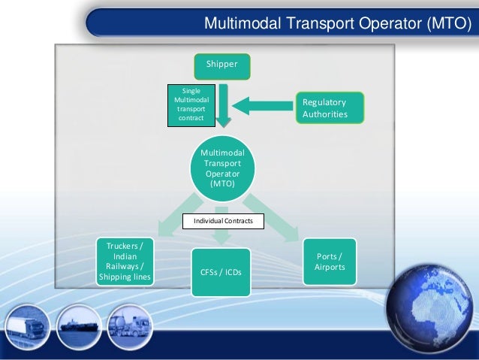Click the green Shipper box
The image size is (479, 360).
click(x=222, y=65)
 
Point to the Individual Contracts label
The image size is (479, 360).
click(x=224, y=222)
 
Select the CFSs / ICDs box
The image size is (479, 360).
click(x=221, y=271)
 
